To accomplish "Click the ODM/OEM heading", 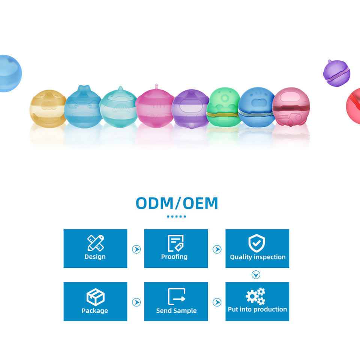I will pos(177,203).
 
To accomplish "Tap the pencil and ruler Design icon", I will pos(95,243).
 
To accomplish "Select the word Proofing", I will pos(174,257).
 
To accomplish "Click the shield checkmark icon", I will pos(257,243).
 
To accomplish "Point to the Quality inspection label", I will pos(258,257).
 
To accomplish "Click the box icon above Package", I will pos(95,297).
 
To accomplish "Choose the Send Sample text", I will pos(176,310).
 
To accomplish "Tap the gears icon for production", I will pos(256,296).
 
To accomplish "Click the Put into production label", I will pos(257,309).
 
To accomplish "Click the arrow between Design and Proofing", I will pos(136,249).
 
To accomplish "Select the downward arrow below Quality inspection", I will pos(256,275).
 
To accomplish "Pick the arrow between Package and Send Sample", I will pos(136,302).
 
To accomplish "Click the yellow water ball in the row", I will pos(47,107).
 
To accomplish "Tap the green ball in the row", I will pos(223,107).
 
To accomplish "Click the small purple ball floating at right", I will pos(336,72).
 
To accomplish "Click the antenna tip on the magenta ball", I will pos(156,85).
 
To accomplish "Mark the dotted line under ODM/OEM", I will pos(176,216).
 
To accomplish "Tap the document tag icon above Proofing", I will pos(175,243).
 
